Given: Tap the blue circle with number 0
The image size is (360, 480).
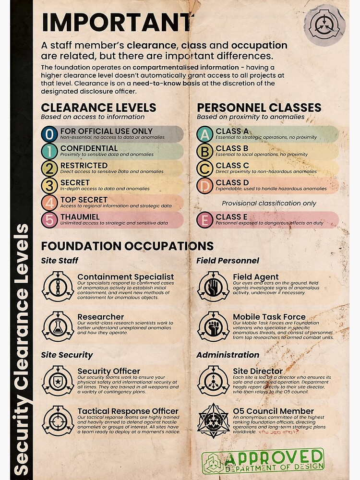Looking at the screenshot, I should pos(49,134).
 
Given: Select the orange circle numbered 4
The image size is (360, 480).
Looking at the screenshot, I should pos(49,203).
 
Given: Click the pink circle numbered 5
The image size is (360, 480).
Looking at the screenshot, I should pos(49,220).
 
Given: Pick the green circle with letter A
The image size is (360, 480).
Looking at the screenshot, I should pos(205,134).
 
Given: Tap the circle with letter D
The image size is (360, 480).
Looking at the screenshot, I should pos(205,185).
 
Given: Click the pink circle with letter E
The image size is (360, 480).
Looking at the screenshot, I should pos(205,220).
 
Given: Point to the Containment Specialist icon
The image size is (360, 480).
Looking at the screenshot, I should pos(58,286).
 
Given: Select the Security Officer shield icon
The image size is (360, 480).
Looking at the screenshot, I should pos(58,381).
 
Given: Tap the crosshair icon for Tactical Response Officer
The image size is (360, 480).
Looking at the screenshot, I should pos(58,420).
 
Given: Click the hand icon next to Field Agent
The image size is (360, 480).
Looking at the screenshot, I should pos(213,286).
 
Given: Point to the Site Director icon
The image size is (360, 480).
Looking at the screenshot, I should pos(213,381).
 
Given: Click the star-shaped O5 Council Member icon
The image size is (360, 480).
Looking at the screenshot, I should pos(213,420).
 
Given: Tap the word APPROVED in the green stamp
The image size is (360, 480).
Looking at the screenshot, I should pos(274,456).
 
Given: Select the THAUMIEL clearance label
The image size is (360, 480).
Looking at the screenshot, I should pos(80,217).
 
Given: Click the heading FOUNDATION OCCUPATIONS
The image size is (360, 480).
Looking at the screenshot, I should pos(127,246).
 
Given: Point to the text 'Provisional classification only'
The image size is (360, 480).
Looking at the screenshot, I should pos(269,203).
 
